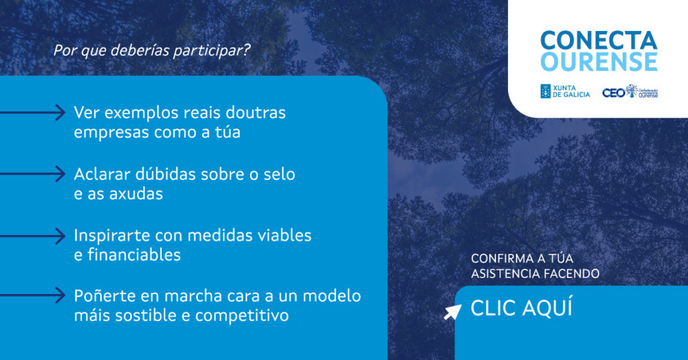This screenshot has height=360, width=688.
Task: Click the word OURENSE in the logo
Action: pyautogui.click(x=599, y=61)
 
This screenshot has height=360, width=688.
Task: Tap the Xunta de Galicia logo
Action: pyautogui.click(x=565, y=91)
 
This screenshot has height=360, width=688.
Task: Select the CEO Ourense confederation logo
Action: pyautogui.click(x=630, y=91)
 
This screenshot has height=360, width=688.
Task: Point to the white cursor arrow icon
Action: pyautogui.click(x=452, y=312)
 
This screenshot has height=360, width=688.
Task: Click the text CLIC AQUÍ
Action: pyautogui.click(x=521, y=308)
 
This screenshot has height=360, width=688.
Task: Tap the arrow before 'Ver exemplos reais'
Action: pyautogui.click(x=32, y=113)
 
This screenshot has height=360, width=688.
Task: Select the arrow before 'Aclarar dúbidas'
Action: pyautogui.click(x=32, y=174)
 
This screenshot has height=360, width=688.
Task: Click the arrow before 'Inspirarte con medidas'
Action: pyautogui.click(x=32, y=236)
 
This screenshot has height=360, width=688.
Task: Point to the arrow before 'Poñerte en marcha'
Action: pyautogui.click(x=32, y=296)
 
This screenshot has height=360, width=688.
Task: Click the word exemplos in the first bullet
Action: pyautogui.click(x=141, y=114)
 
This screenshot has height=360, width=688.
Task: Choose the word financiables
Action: pyautogui.click(x=134, y=255)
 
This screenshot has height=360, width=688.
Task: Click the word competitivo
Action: pyautogui.click(x=242, y=316)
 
